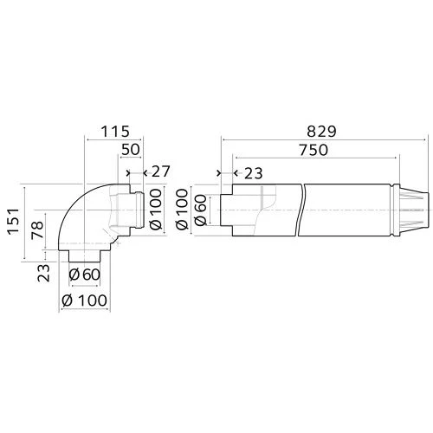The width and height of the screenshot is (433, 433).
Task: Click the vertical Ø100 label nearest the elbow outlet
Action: coord(156,209)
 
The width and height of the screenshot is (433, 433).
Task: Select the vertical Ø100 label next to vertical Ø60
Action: coord(182,209)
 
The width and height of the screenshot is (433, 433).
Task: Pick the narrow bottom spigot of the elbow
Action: coord(85,258)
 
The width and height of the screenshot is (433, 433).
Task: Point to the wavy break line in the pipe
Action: coord(299,210)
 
